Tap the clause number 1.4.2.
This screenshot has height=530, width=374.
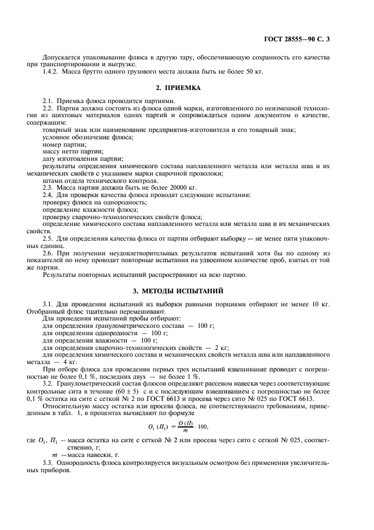[x=51, y=71]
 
